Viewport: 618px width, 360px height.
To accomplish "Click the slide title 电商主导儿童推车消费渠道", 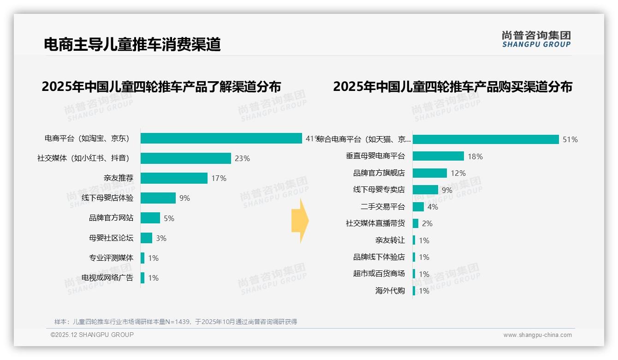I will click(x=132, y=44).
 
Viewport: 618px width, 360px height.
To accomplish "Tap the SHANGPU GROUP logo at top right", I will click(x=536, y=39).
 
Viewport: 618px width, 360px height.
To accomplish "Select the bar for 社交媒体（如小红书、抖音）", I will click(x=185, y=158).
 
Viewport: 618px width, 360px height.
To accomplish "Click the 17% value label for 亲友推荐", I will click(x=219, y=178).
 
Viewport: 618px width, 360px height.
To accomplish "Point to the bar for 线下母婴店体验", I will click(x=158, y=198).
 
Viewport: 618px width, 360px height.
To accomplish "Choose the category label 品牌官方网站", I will click(x=111, y=218).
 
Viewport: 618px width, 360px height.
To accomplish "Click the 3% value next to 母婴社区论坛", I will click(x=161, y=238).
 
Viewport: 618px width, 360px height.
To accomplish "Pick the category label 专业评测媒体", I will click(x=111, y=258).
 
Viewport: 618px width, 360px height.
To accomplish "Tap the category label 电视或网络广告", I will click(x=107, y=278).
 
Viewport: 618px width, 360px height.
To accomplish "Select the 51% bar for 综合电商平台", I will click(x=486, y=139).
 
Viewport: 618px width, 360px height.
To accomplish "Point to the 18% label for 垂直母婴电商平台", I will click(x=475, y=156).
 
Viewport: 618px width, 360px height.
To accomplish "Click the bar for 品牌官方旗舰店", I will click(x=430, y=173).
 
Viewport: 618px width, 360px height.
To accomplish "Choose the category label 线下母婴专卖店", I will click(x=379, y=190).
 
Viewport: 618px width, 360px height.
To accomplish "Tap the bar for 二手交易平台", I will click(x=418, y=207).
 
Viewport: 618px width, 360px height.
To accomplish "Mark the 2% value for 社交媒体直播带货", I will click(x=427, y=223).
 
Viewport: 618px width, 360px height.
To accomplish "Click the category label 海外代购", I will click(x=390, y=291).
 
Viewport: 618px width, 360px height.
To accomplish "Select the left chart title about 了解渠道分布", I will click(x=161, y=86).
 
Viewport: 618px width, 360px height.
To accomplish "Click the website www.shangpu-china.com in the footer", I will click(x=537, y=335).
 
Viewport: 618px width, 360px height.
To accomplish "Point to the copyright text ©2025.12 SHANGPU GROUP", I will click(x=92, y=335).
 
